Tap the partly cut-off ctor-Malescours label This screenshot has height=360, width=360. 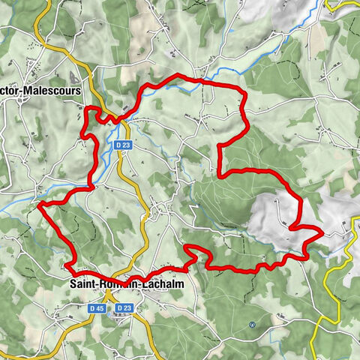point(41,91)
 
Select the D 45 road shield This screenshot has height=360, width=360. point(96,308)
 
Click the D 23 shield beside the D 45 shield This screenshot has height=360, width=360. point(124,308)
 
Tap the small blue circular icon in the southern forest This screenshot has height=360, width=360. point(253,325)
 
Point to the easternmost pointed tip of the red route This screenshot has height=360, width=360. point(322,234)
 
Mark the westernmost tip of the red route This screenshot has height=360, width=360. point(39,203)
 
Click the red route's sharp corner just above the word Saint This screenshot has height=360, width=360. point(67,265)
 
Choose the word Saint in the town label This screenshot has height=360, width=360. point(84,284)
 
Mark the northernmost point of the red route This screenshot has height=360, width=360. point(178,76)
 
